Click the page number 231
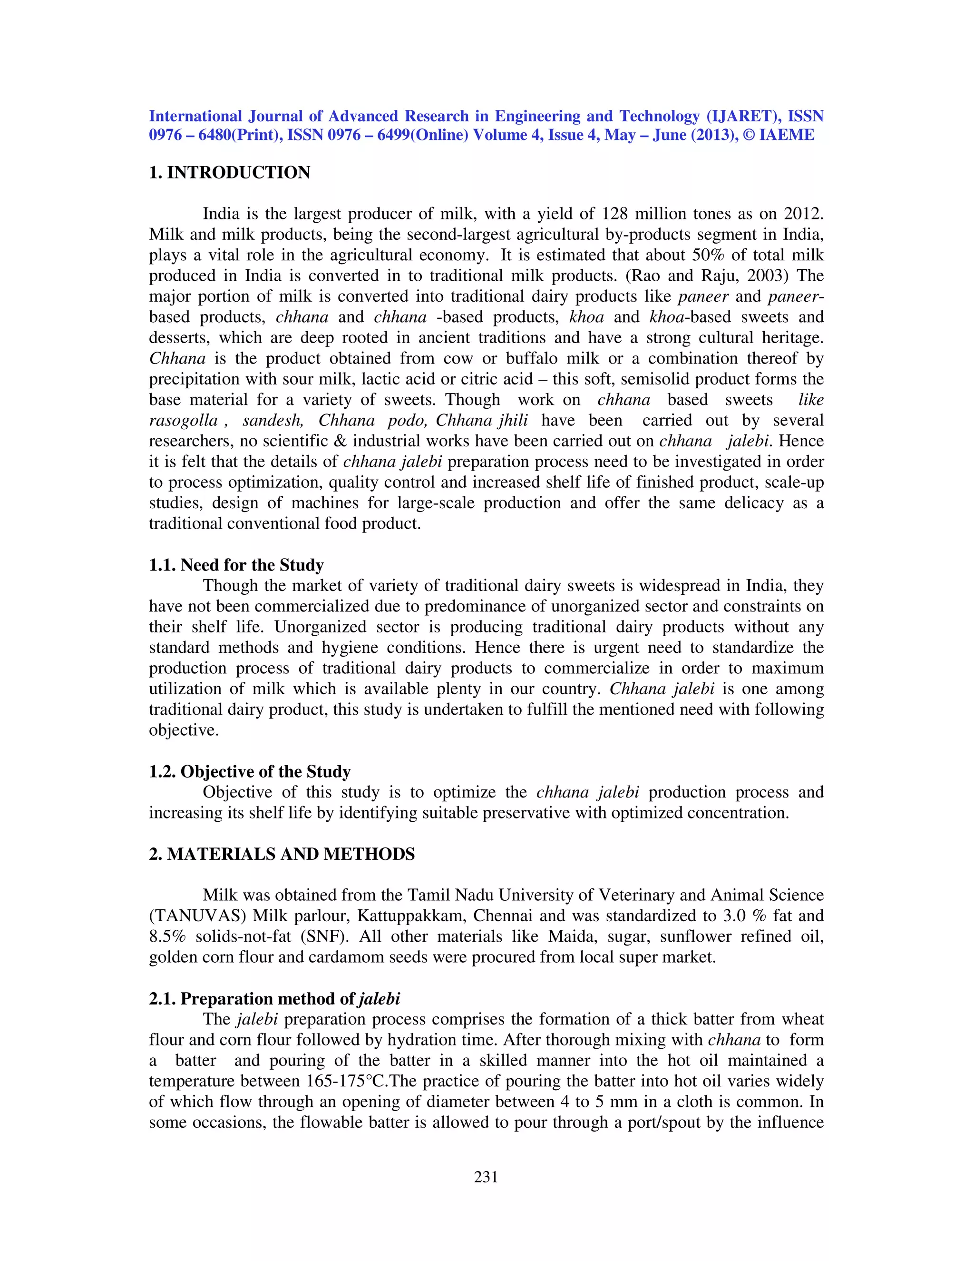(486, 1177)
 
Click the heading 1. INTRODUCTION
(230, 173)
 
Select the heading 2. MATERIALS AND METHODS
(282, 854)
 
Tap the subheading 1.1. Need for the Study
(236, 565)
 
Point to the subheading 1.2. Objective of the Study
(249, 771)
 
